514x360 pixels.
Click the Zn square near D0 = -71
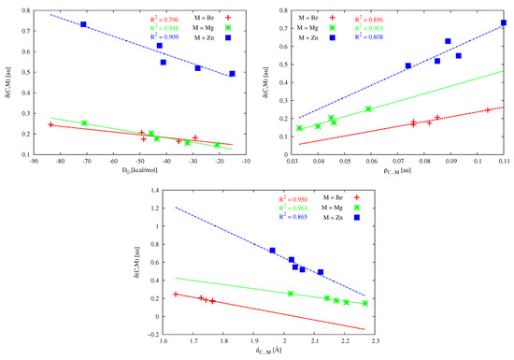point(84,24)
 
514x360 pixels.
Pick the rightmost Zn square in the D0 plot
point(232,73)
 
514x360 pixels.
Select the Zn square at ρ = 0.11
point(504,22)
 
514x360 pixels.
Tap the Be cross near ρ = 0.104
point(488,110)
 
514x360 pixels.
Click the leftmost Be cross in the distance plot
point(176,295)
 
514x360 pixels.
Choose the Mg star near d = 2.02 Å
point(291,294)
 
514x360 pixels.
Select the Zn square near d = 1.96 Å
point(272,251)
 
